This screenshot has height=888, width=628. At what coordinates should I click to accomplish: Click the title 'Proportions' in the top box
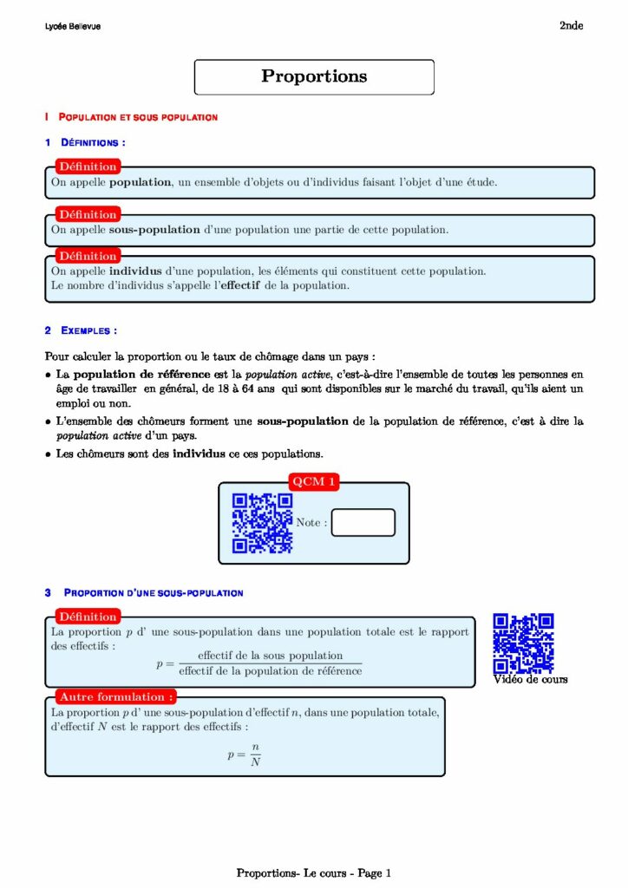coord(314,76)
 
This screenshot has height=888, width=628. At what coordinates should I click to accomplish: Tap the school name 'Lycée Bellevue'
coord(72,27)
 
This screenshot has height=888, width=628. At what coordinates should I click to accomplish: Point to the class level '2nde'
coord(571,26)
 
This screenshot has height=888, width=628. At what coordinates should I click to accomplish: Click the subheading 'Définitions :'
coord(93,141)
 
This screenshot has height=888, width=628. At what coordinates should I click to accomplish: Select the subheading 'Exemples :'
coord(88,330)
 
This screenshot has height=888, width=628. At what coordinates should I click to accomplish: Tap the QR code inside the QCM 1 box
coord(262,523)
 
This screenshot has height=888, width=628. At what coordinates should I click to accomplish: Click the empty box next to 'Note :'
coord(363,523)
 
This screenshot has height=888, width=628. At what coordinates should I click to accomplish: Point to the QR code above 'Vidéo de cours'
coord(523,643)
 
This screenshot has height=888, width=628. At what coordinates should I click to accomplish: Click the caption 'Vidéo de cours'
coord(530,679)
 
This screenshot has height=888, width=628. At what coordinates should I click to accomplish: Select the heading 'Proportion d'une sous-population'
coord(154,593)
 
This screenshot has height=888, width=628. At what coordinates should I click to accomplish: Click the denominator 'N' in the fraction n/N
coord(255,762)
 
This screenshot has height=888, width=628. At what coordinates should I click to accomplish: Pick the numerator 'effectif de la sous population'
coord(270,656)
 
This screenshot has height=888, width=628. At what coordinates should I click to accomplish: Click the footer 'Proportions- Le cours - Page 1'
coord(314,873)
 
